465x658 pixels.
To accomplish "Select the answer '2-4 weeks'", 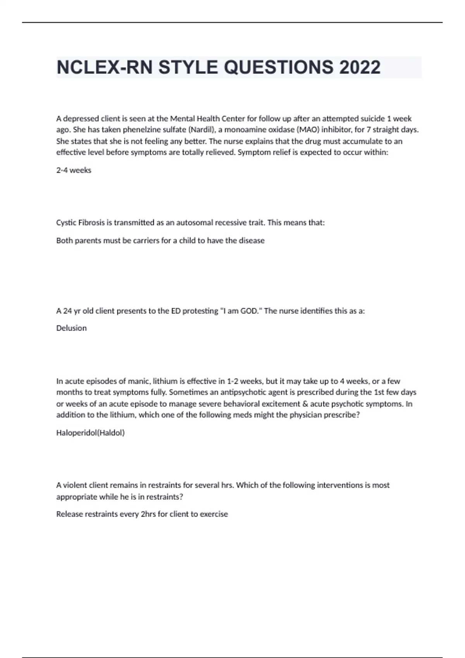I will [x=74, y=170].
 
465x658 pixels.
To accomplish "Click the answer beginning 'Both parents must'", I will [x=160, y=240].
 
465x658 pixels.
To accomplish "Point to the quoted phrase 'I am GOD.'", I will [x=240, y=311].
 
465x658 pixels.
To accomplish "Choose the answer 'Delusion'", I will [x=71, y=328].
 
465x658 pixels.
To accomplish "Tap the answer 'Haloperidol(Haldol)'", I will [x=90, y=433].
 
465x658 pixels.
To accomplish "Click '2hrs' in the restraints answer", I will [x=149, y=514].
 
